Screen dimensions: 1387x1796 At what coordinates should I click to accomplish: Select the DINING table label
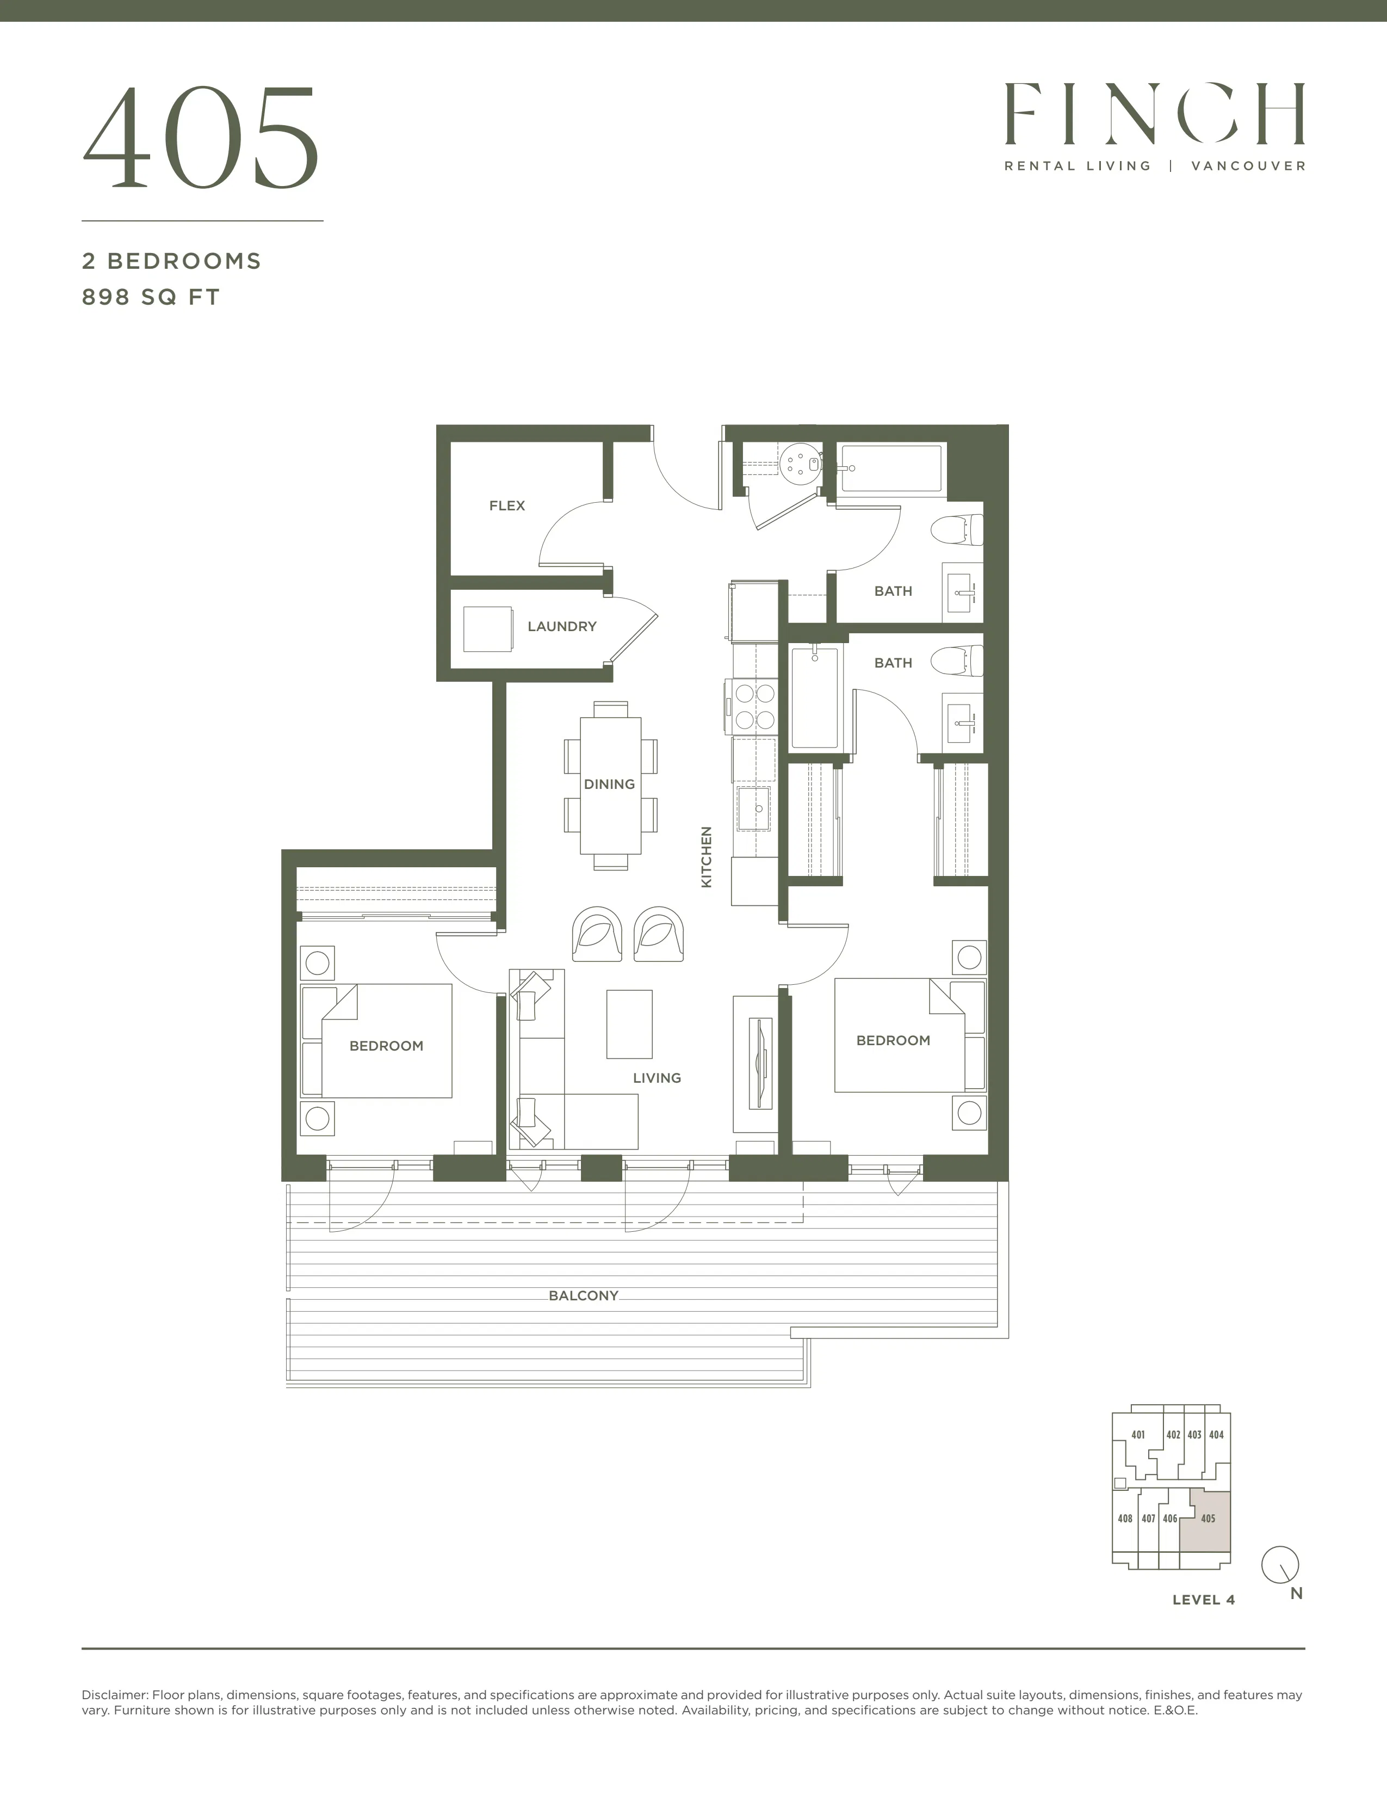click(609, 785)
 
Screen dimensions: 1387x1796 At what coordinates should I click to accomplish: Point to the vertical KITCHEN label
click(706, 857)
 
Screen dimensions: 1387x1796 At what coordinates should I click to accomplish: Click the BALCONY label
click(584, 1296)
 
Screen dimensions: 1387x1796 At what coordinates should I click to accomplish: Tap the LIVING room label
click(657, 1078)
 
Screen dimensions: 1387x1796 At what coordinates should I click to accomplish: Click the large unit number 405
click(201, 138)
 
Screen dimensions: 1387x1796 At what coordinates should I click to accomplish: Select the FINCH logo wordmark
click(1154, 114)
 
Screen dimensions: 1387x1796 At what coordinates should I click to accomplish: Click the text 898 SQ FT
click(151, 297)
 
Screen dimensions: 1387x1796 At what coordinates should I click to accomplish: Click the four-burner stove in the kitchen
click(752, 706)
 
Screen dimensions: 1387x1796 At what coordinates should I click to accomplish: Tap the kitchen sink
click(754, 808)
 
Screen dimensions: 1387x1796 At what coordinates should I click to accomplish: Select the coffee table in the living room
click(630, 1024)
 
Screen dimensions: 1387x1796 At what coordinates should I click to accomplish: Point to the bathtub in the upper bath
click(892, 469)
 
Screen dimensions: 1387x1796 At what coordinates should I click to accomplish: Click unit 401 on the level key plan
click(1138, 1435)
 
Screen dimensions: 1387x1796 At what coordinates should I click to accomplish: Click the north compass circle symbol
click(1280, 1563)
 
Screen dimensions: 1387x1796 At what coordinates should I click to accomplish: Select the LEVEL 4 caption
click(1204, 1600)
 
